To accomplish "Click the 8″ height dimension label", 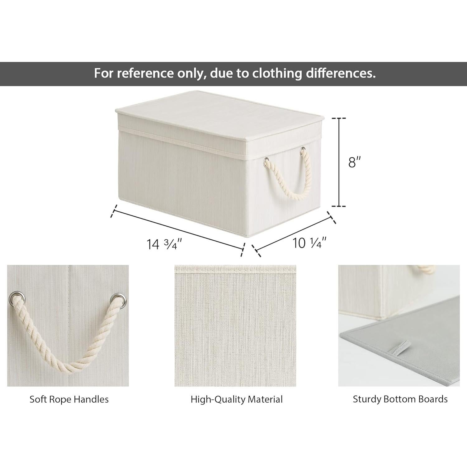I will click(354, 162).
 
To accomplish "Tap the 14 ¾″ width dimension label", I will click(164, 244).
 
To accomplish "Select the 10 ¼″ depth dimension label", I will click(309, 243).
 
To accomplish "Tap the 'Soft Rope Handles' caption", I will click(69, 399).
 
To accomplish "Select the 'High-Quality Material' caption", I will click(237, 399).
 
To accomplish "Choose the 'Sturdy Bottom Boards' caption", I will click(400, 399).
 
